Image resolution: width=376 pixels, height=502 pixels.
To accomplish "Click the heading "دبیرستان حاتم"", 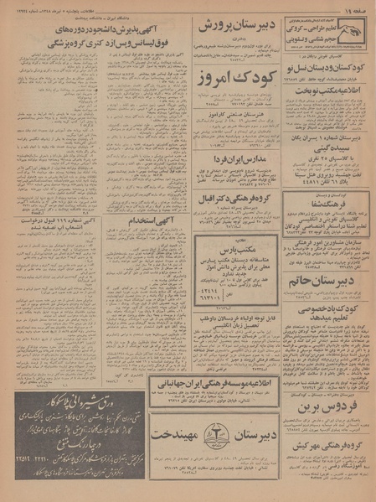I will pyautogui.click(x=327, y=282).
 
